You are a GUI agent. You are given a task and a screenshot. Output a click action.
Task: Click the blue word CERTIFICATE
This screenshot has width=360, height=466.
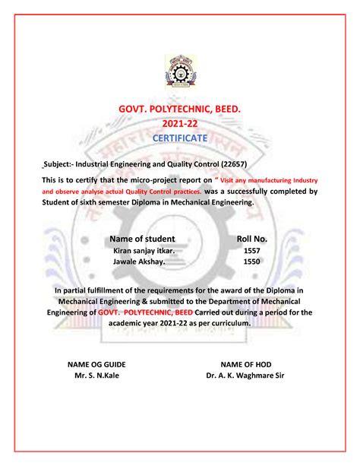click(179, 138)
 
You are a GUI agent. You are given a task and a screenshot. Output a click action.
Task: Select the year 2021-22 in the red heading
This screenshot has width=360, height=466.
click(179, 124)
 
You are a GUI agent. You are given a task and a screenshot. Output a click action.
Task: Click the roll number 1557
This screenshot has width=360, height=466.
click(251, 249)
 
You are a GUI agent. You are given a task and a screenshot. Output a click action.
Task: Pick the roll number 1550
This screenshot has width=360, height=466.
click(251, 260)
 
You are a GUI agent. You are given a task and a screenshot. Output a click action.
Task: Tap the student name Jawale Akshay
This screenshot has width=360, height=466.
click(141, 260)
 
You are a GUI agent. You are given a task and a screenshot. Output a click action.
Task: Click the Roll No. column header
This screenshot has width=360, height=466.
click(252, 238)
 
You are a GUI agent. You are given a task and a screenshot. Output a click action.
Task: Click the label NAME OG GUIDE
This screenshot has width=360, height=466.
click(96, 364)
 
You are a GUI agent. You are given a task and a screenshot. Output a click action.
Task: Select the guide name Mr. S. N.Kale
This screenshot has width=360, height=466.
click(96, 376)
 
